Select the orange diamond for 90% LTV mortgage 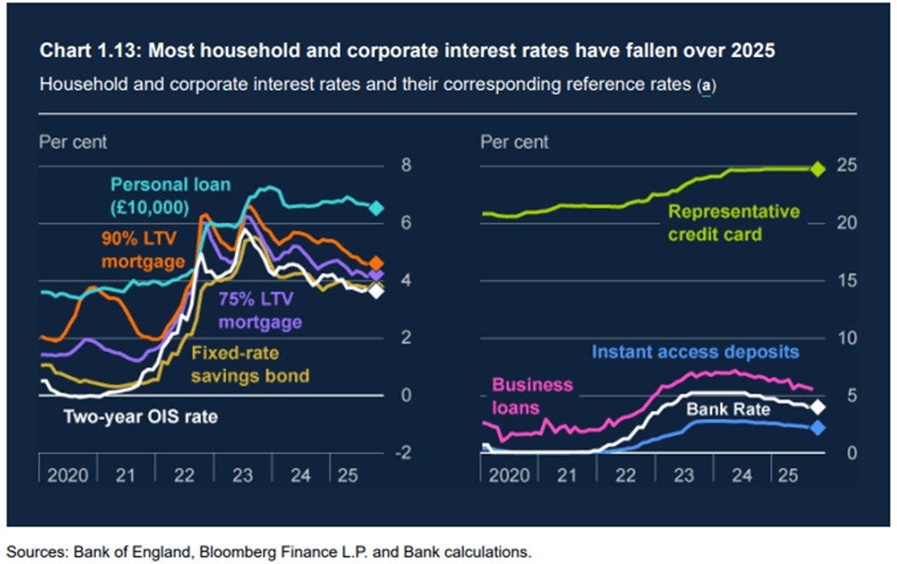378,263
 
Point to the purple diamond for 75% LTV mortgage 378,275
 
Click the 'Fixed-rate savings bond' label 249,364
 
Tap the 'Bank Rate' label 728,410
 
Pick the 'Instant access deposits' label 695,352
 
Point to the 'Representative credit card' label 733,222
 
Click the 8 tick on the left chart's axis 406,165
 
